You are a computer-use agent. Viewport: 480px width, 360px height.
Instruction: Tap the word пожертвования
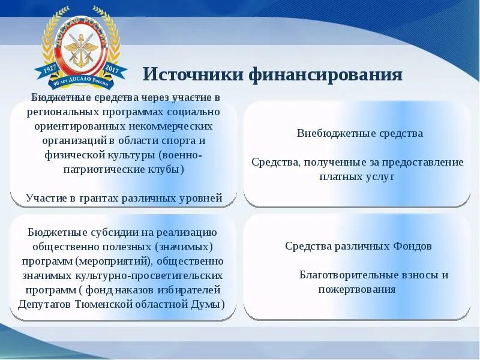pos(356,289)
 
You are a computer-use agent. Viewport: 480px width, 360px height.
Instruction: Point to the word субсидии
pos(107,232)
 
